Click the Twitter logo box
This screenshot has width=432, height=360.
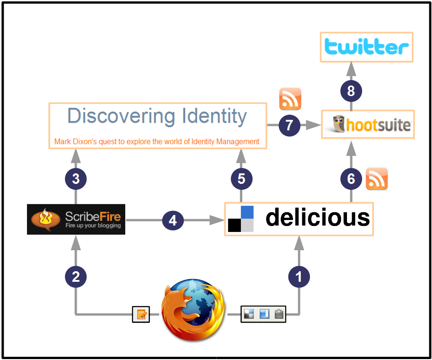coord(366,47)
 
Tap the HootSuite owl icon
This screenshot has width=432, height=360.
coord(339,124)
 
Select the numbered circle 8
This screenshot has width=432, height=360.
coord(351,91)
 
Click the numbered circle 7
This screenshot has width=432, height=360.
coord(289,125)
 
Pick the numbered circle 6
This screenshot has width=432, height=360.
coord(351,179)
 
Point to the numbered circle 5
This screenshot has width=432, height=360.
coord(241,179)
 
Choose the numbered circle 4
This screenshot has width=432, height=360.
coord(173,221)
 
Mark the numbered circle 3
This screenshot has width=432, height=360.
coord(76,179)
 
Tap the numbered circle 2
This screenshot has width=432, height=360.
coord(76,276)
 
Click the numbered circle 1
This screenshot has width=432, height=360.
coord(299,276)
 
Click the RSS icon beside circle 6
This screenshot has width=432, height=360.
coord(377,179)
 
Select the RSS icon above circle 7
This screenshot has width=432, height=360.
coord(290,99)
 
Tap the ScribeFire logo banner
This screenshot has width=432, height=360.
coord(76,219)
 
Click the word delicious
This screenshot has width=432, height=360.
coord(318,218)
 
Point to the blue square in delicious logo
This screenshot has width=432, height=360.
coord(247,212)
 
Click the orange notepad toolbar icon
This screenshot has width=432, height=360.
coord(141,314)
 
